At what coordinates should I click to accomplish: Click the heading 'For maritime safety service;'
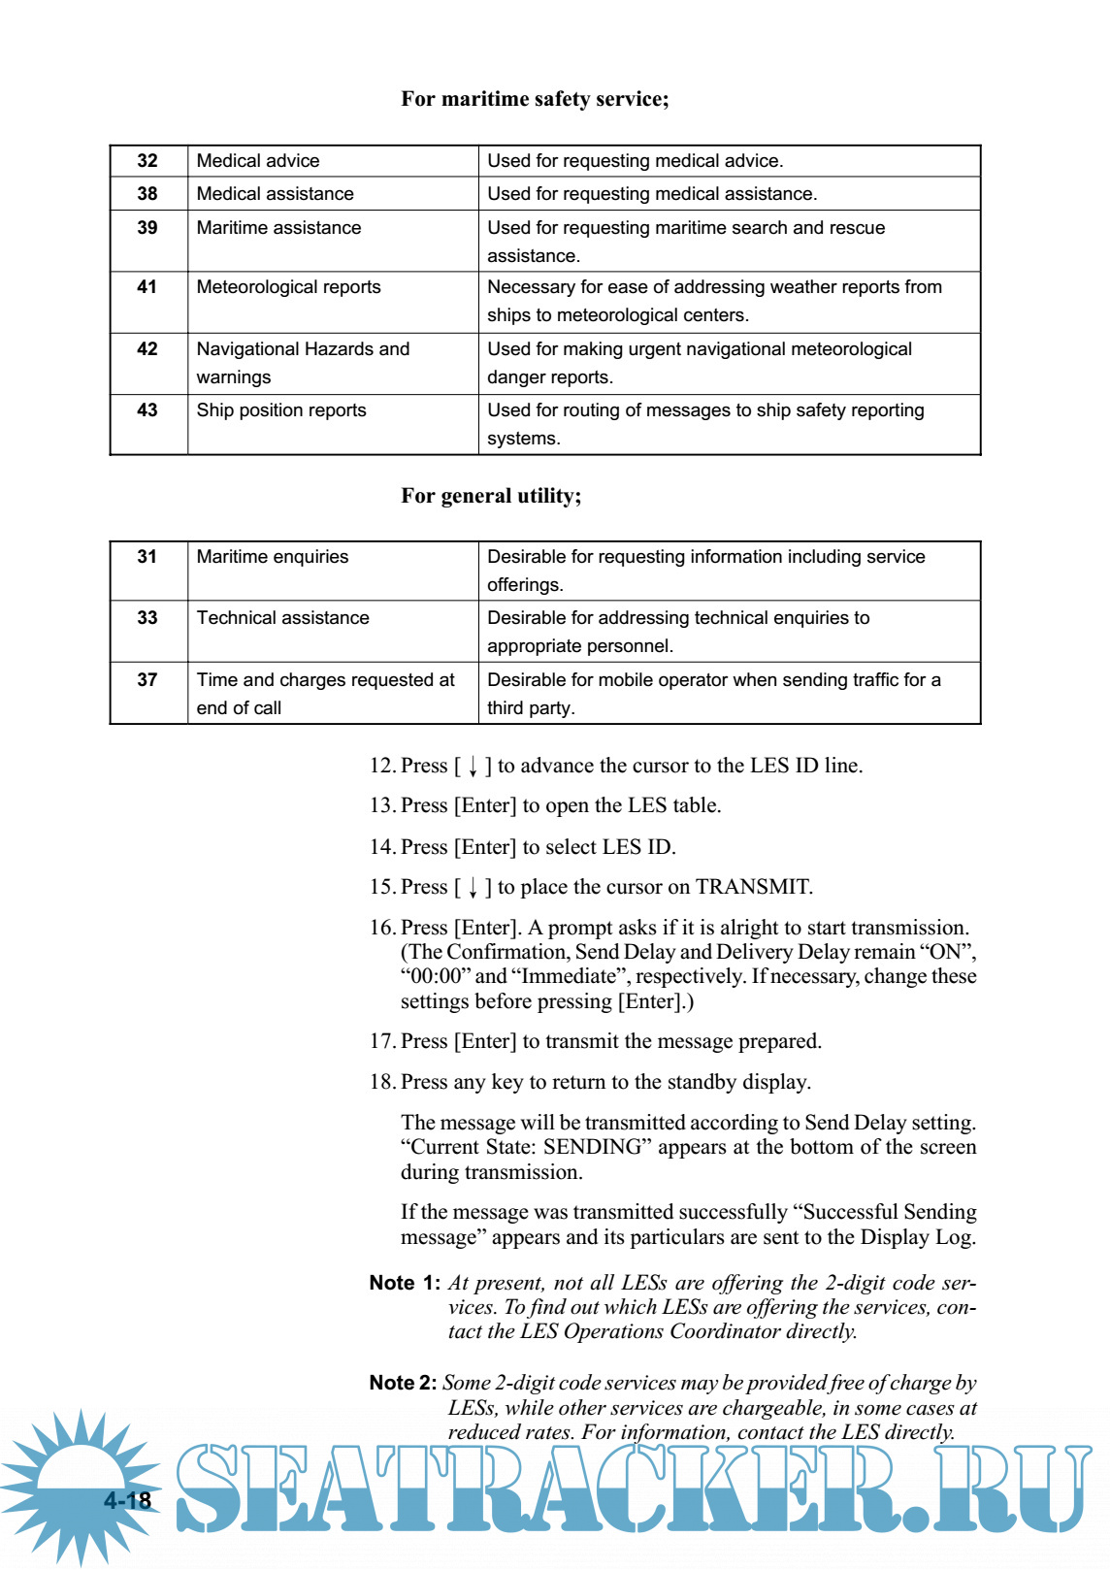coord(535,99)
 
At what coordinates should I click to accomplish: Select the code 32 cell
coord(147,161)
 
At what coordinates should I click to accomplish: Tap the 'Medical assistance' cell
coord(276,194)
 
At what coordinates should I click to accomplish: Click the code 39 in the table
coord(147,228)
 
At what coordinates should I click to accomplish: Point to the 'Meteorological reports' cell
coord(288,287)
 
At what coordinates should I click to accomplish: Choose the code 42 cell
coord(147,349)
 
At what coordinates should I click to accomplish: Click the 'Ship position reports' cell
coord(281,410)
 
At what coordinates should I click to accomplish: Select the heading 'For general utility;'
coord(491,496)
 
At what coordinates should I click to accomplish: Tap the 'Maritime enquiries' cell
coord(273,557)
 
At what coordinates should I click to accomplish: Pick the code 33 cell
coord(147,618)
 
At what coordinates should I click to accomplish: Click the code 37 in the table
coord(147,680)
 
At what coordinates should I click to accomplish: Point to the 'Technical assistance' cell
coord(282,618)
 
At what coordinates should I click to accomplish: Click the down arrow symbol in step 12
coord(473,767)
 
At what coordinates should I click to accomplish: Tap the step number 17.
coord(381,1041)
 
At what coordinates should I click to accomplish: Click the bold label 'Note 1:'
coord(405,1283)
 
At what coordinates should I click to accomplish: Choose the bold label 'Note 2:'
coord(403,1383)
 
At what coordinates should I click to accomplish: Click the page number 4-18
coord(128,1500)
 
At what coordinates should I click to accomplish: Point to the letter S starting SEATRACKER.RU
coord(210,1487)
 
